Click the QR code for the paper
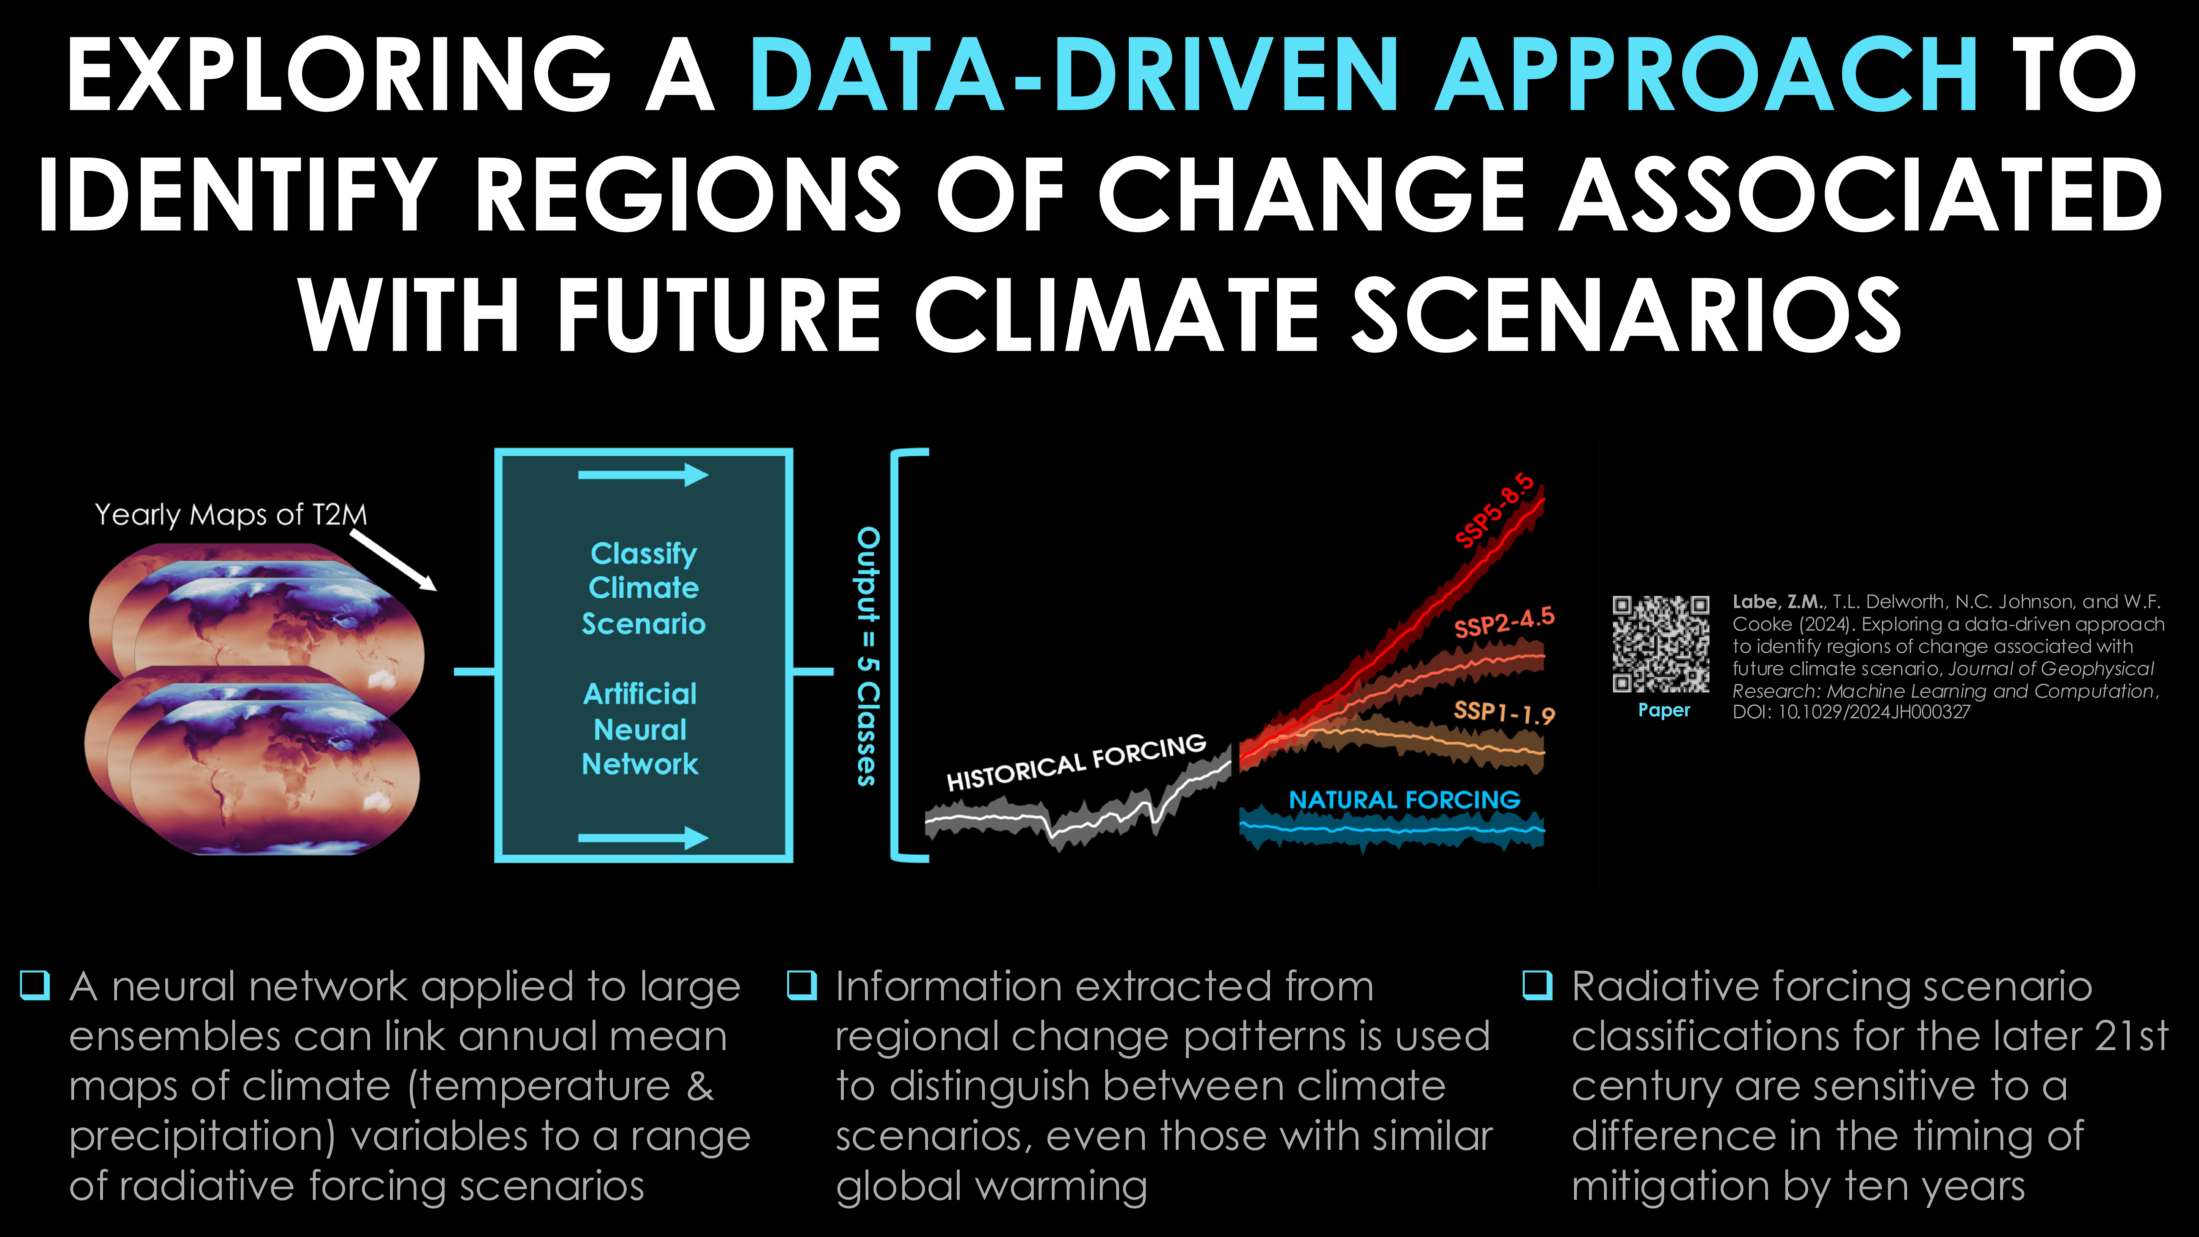coord(1660,644)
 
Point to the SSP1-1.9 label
coord(1504,712)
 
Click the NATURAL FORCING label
coord(1404,800)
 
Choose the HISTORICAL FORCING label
coord(1076,762)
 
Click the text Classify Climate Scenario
coord(644,588)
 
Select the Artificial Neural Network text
coord(640,729)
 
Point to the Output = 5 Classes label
coord(867,656)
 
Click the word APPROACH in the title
coord(1706,75)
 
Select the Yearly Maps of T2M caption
coord(231,515)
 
